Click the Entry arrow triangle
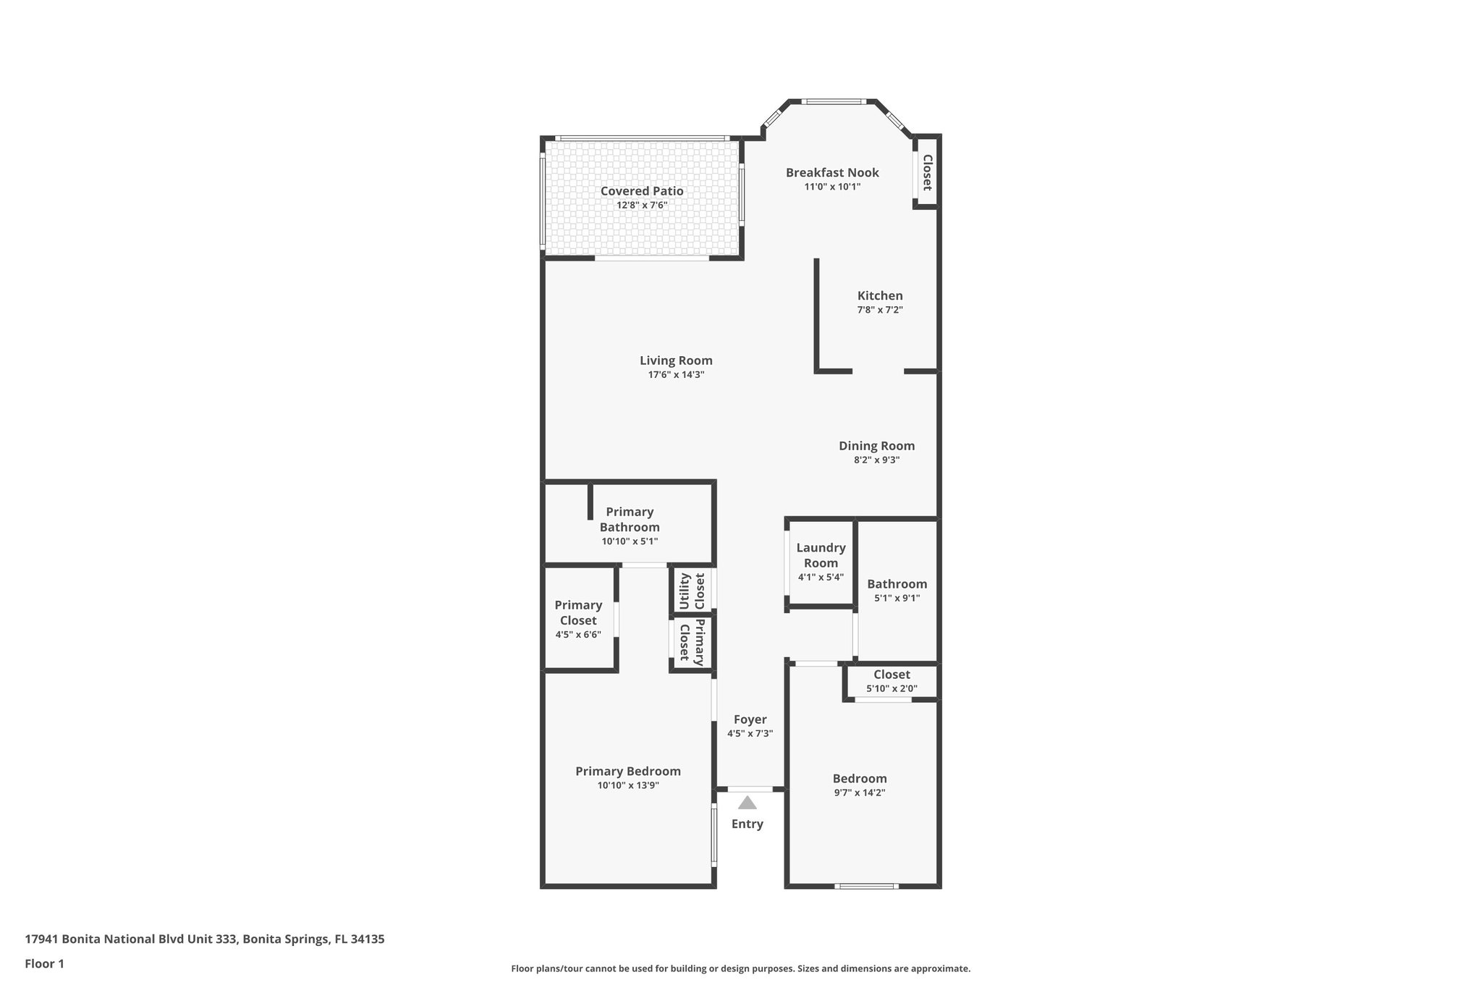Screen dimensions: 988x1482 [748, 803]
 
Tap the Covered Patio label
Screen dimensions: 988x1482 [642, 191]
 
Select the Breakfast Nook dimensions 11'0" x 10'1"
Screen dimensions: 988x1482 [832, 187]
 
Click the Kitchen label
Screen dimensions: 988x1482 [880, 295]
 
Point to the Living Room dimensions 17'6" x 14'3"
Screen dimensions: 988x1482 [676, 375]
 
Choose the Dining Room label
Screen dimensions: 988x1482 [876, 446]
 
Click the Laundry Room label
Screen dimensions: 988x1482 [821, 555]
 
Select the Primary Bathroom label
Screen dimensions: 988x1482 [630, 519]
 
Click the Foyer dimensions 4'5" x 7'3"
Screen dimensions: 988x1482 [750, 733]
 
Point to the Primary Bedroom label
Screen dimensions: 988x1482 [628, 771]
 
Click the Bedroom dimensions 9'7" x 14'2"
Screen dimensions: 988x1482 [860, 793]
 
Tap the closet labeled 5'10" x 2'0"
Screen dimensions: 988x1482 [892, 680]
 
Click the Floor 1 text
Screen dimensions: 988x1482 [45, 963]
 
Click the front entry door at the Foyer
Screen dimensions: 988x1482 [750, 789]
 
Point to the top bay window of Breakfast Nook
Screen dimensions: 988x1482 [832, 102]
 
